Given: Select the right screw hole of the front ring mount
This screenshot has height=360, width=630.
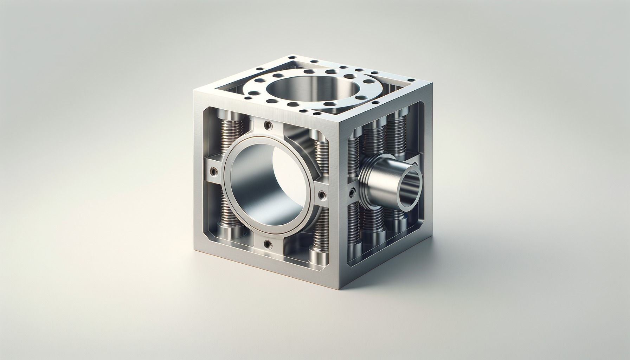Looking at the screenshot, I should pos(322,194).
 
